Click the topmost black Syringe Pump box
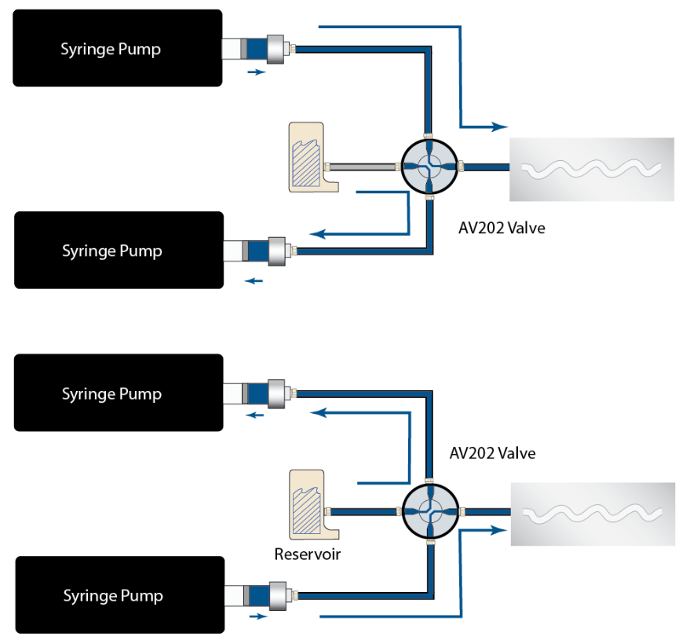click(x=111, y=48)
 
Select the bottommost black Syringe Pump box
click(x=112, y=594)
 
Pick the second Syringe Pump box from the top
click(x=112, y=251)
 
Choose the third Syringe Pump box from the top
click(x=112, y=393)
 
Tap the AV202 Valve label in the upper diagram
click(x=501, y=229)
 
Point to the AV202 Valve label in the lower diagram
click(x=492, y=453)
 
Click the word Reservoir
click(x=308, y=554)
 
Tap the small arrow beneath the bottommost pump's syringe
click(x=256, y=617)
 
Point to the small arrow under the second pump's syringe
click(x=254, y=280)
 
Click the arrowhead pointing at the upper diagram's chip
click(x=499, y=126)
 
